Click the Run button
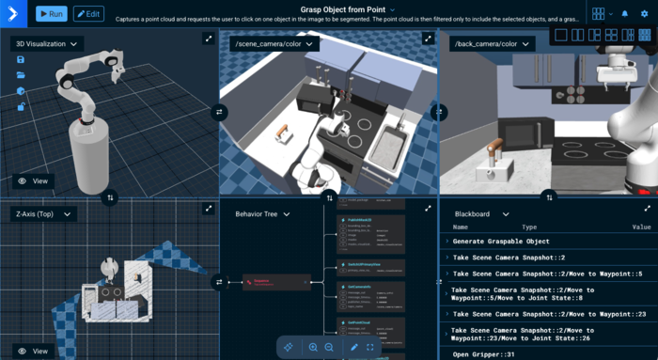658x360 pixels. [x=52, y=14]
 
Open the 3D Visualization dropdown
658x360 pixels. [x=47, y=44]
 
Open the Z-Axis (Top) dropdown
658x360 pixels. [x=43, y=214]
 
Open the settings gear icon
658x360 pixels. [x=644, y=14]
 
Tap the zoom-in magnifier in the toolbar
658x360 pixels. [x=313, y=347]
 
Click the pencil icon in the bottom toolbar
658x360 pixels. [x=354, y=347]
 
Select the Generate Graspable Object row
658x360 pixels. [x=501, y=242]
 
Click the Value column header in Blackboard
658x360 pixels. [x=641, y=227]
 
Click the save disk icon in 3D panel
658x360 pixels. [x=21, y=59]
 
